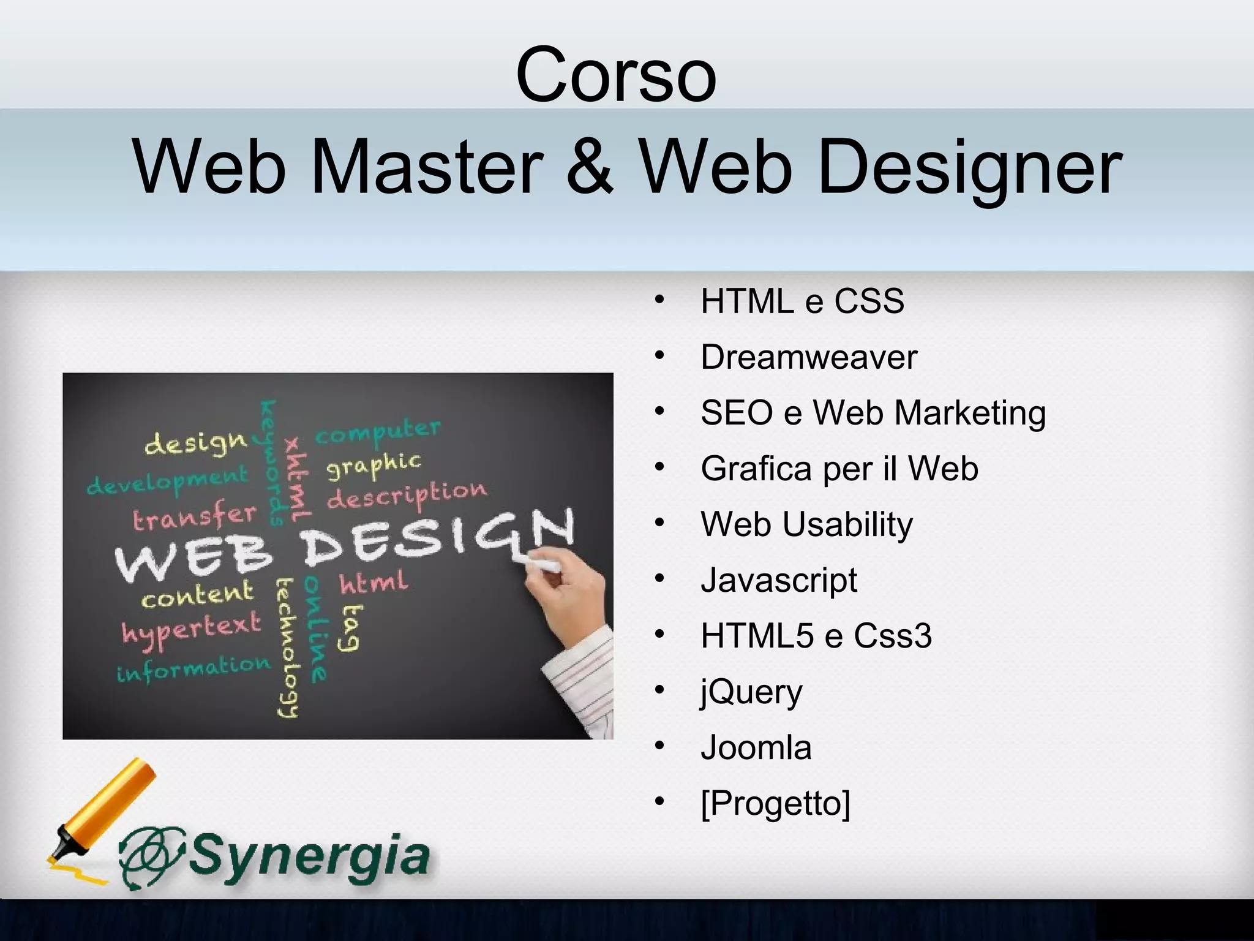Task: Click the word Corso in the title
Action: (616, 75)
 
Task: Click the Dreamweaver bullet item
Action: (808, 357)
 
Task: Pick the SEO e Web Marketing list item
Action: (873, 413)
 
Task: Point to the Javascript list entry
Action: (779, 580)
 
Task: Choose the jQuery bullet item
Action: (751, 693)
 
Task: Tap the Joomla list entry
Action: (756, 748)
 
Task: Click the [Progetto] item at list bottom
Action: (775, 803)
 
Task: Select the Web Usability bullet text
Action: (806, 525)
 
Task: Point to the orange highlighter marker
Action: (104, 809)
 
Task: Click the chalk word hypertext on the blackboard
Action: (191, 629)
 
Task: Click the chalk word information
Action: (193, 668)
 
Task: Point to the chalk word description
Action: (407, 495)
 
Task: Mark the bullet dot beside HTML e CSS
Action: (659, 300)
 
